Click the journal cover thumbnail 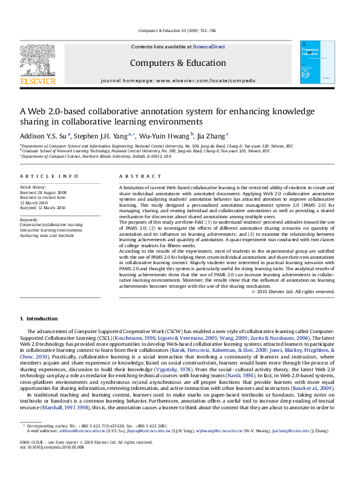(x=318, y=62)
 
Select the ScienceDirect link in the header (x=209, y=47)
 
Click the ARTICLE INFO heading (x=49, y=176)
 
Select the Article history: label (x=33, y=187)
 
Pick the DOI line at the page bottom (x=44, y=464)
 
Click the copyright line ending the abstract (x=293, y=291)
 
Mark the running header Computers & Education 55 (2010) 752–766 (x=177, y=30)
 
